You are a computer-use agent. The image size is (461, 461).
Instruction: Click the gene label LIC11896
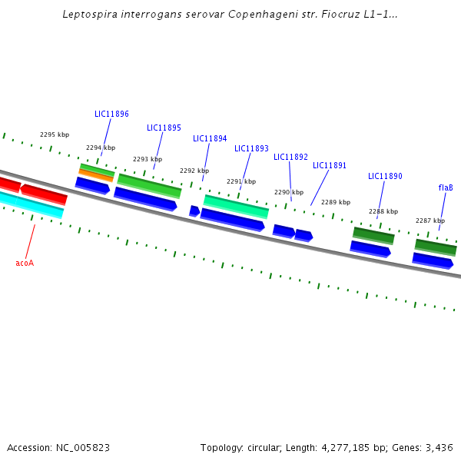(111, 114)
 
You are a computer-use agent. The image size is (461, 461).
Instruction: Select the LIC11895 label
(164, 128)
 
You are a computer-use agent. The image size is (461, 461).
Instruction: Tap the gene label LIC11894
(210, 138)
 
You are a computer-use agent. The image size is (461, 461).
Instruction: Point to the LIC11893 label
(251, 148)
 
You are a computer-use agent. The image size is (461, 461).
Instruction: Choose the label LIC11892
(290, 157)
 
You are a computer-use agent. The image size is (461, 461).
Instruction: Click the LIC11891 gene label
(330, 165)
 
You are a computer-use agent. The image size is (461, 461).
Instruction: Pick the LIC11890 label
(385, 176)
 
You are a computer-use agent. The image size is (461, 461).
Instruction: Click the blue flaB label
(446, 187)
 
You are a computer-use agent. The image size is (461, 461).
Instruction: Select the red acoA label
(25, 263)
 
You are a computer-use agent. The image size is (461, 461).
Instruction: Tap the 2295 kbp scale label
(55, 134)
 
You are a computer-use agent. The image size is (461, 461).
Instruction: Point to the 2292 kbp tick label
(194, 171)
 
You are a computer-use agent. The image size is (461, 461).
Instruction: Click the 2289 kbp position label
(336, 202)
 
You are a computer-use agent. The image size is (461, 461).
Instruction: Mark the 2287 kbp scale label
(430, 221)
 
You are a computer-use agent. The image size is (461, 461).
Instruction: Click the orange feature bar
(96, 175)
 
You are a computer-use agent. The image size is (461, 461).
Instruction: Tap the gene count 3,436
(439, 447)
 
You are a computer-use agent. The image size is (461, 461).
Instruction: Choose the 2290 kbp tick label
(289, 192)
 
